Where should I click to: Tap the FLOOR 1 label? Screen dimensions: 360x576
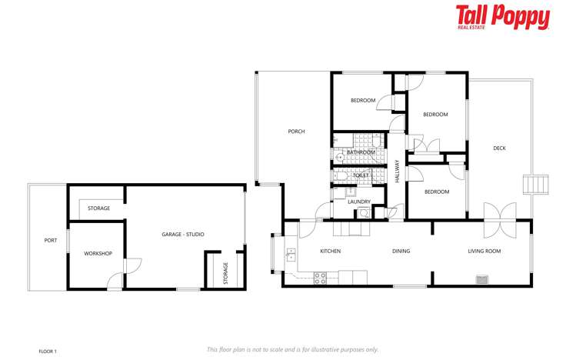48,351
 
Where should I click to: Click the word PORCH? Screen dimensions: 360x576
296,132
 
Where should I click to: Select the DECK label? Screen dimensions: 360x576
500,148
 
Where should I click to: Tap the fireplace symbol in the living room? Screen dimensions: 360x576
482,278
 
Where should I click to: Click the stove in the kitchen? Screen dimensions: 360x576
321,277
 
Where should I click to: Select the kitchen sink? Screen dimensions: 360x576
290,255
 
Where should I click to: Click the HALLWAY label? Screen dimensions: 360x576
397,169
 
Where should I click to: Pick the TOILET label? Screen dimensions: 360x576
361,175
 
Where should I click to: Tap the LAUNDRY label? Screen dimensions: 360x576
359,202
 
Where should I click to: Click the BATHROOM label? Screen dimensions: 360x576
361,152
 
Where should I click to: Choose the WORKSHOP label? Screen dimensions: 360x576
98,254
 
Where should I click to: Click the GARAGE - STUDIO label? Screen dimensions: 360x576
182,234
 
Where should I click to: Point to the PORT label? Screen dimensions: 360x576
50,241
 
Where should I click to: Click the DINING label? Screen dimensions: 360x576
401,251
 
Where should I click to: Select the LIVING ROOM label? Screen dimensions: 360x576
484,251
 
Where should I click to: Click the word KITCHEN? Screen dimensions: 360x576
330,251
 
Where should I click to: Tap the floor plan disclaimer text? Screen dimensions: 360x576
292,349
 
